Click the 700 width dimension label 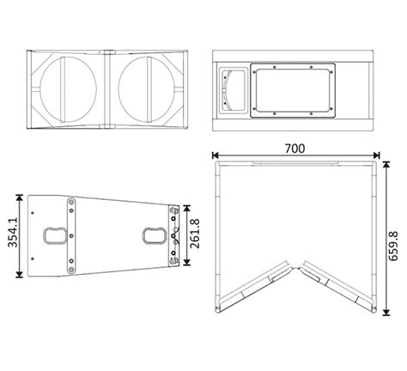pyautogui.click(x=296, y=147)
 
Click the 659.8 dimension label pyautogui.click(x=393, y=232)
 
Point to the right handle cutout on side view pyautogui.click(x=154, y=234)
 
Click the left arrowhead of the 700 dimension pyautogui.click(x=216, y=155)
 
